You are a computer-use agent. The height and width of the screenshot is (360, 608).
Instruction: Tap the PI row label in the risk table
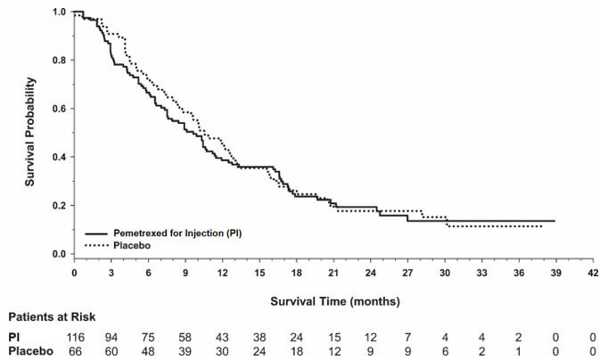13,336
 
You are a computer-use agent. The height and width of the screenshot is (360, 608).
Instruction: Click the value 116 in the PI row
77,336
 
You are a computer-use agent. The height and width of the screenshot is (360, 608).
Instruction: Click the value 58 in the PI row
186,336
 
